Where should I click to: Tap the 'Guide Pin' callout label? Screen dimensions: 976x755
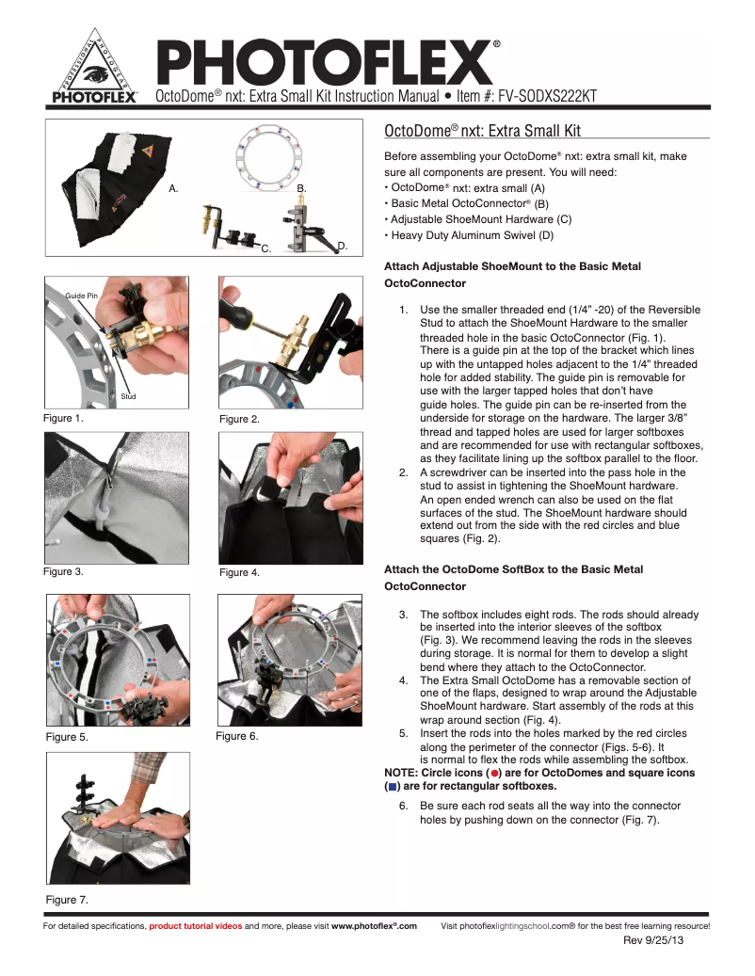80,296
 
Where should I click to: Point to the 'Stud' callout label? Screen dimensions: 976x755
129,396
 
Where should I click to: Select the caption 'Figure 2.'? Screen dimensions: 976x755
239,419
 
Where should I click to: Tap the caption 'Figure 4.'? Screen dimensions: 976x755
239,572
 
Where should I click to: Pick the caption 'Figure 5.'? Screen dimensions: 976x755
67,737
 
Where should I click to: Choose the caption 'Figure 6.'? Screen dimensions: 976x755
236,736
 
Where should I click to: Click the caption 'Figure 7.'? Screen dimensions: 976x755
67,900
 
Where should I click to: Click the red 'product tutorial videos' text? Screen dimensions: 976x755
195,926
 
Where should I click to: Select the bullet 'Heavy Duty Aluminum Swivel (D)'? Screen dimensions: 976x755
472,234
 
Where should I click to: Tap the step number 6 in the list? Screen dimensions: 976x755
403,807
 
